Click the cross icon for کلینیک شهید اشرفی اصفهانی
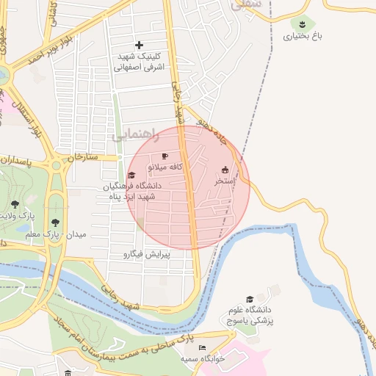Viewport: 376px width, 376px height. pos(139,46)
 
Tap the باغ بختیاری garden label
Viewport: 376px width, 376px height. pos(303,35)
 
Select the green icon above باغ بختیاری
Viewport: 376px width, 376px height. pos(302,23)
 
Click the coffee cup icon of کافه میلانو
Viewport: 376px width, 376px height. pos(164,156)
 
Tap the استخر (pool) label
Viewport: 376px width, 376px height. pos(224,180)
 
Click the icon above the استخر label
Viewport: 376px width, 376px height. pos(225,169)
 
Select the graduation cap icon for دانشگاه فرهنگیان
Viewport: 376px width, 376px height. pos(131,175)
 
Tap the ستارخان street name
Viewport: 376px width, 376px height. pos(82,157)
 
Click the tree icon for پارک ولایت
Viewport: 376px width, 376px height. pos(15,203)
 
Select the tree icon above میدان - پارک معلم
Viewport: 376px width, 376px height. pos(54,222)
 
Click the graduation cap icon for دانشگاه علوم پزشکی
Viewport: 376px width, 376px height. pos(250,299)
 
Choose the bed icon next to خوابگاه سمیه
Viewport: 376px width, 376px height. pos(203,347)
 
